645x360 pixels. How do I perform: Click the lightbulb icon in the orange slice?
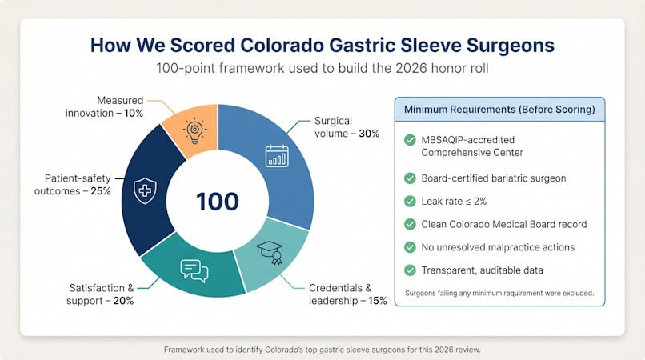coord(194,131)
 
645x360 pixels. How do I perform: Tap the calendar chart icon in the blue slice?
coord(277,156)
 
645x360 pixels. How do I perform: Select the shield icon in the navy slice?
coord(145,190)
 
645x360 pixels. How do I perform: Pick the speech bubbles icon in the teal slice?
coord(194,270)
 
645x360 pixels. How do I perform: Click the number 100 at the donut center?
coord(218,202)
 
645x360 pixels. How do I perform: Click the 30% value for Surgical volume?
coord(369,134)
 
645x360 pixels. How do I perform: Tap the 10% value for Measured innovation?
coord(134,113)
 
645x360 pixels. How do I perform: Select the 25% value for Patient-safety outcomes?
coord(100,191)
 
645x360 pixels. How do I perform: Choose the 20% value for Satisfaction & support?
coord(123,301)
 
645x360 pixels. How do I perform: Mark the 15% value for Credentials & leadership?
coord(377,301)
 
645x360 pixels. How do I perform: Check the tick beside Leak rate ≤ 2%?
coord(410,201)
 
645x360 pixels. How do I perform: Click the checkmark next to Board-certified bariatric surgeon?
coord(410,178)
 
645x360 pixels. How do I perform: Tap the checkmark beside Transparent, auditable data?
coord(410,270)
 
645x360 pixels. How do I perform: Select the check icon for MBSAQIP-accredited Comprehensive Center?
coord(410,140)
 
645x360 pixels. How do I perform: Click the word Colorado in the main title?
coord(282,46)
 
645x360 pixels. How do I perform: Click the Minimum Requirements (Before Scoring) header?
coord(499,110)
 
